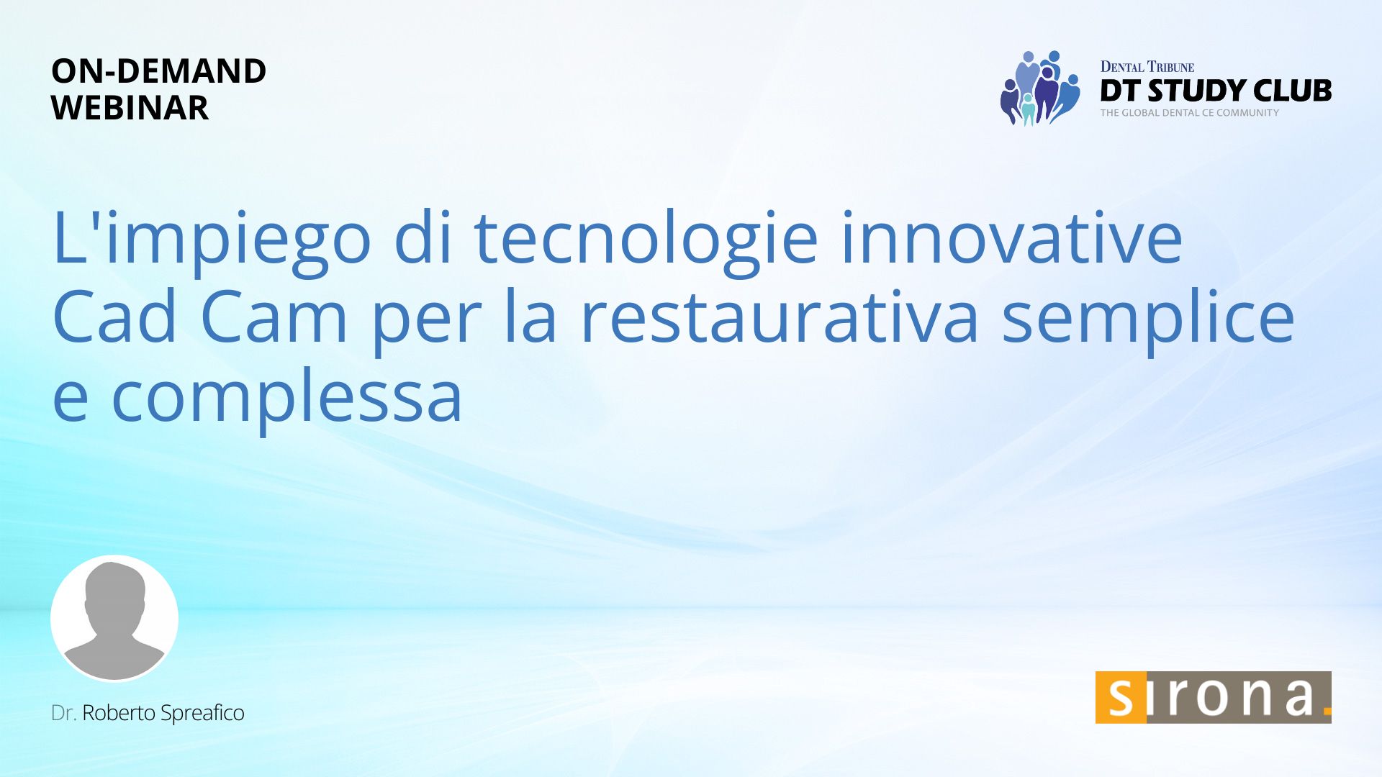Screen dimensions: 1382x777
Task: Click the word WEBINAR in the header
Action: (130, 108)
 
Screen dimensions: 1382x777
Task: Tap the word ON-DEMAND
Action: (158, 71)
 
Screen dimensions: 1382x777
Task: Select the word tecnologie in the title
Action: (646, 237)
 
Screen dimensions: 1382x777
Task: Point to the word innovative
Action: (1012, 237)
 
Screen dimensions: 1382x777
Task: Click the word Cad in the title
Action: (115, 317)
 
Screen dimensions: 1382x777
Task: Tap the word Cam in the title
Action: (274, 317)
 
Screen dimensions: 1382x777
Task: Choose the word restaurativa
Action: (780, 317)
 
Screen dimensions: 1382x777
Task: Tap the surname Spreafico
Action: (202, 714)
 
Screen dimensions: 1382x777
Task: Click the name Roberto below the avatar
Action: (119, 713)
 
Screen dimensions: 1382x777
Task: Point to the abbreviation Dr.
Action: (63, 713)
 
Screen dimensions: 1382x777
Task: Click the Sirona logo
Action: (1213, 697)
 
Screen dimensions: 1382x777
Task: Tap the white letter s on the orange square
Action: (1121, 697)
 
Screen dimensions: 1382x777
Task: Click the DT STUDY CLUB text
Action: (1216, 91)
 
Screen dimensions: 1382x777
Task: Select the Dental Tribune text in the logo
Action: (1147, 67)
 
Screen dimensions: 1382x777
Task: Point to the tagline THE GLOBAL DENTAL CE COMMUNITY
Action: (1190, 113)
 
